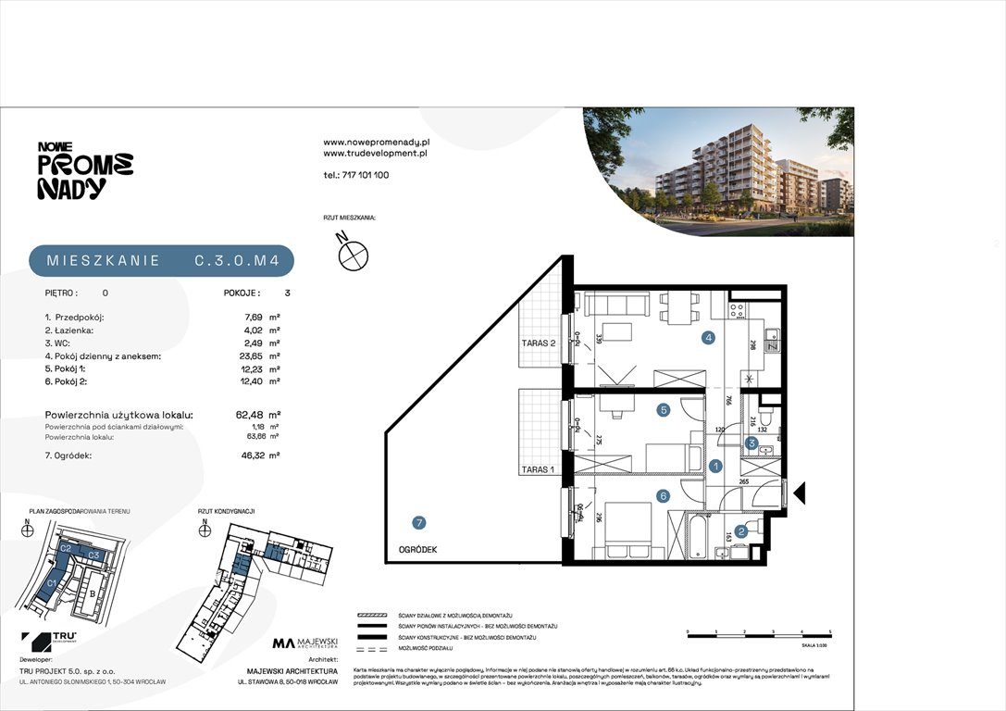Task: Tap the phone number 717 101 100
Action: [x=355, y=175]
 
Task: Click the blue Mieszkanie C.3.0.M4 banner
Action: [x=161, y=261]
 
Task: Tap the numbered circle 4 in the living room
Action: [x=708, y=338]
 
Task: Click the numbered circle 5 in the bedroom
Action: [x=663, y=409]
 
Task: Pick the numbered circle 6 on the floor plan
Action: [x=663, y=495]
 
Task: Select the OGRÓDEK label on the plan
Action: [x=418, y=549]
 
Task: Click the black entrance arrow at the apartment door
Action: [x=800, y=493]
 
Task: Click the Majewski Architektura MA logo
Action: [x=305, y=642]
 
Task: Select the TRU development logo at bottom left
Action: [x=51, y=641]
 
